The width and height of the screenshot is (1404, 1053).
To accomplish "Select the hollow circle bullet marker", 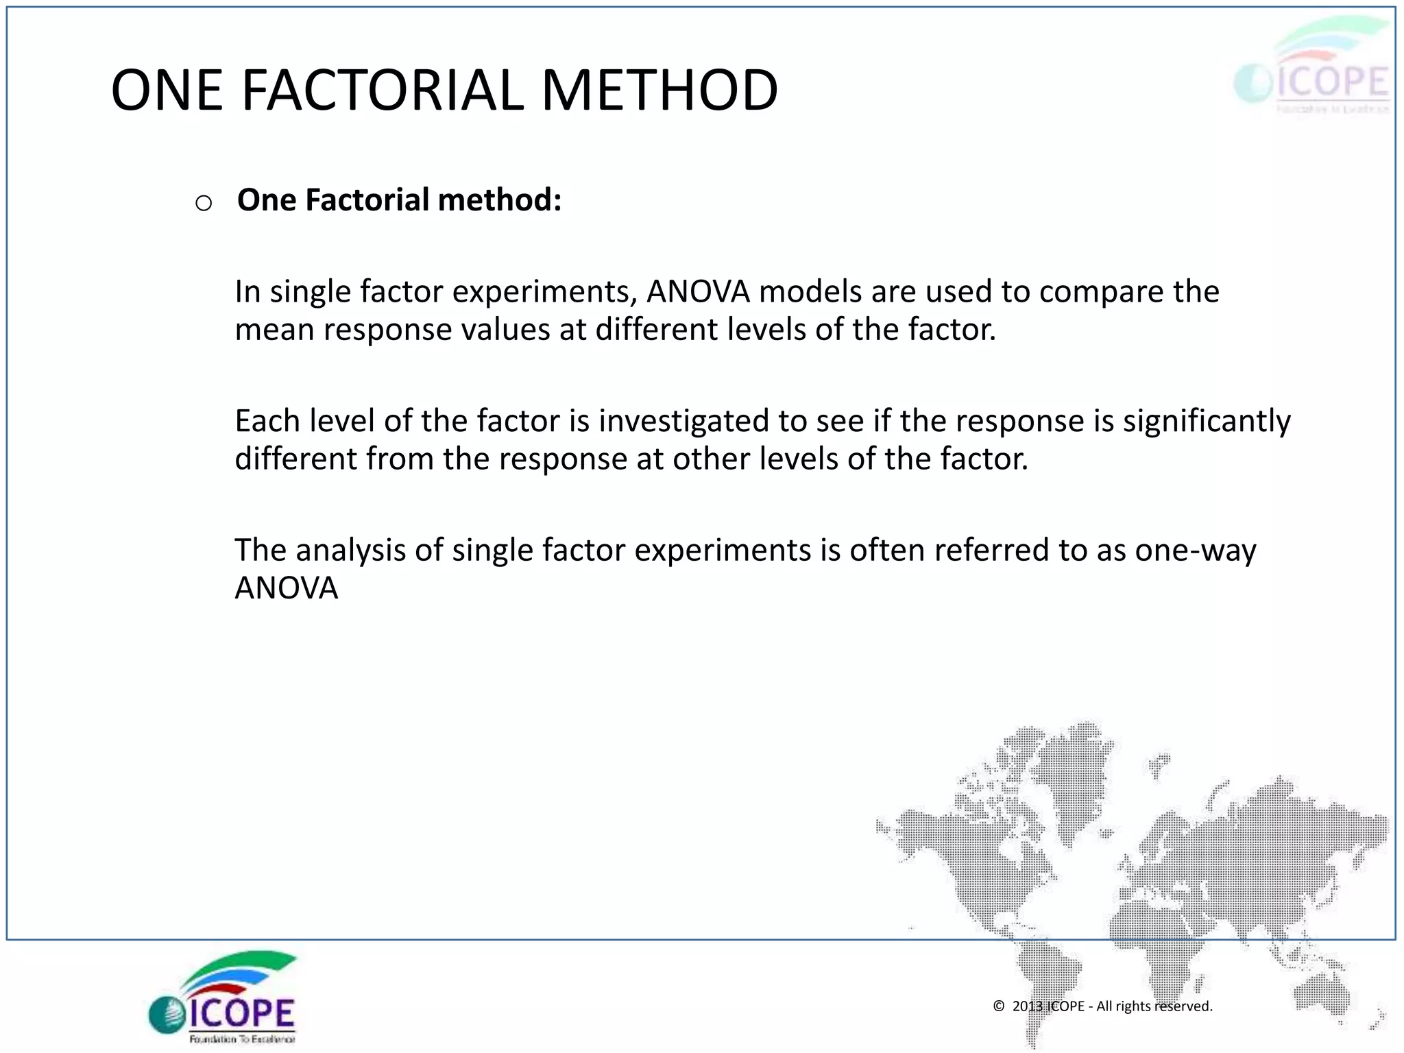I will [204, 203].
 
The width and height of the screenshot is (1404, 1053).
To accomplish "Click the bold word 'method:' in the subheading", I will [500, 200].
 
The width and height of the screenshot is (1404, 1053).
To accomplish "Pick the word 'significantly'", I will [1207, 421].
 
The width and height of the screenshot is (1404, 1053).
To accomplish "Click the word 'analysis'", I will [350, 550].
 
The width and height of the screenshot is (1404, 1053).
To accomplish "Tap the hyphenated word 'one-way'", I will [1196, 550].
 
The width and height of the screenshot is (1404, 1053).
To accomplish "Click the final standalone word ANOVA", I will [287, 588].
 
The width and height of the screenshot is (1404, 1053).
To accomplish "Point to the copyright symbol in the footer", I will [999, 1006].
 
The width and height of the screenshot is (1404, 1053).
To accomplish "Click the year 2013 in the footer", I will [1027, 1006].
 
